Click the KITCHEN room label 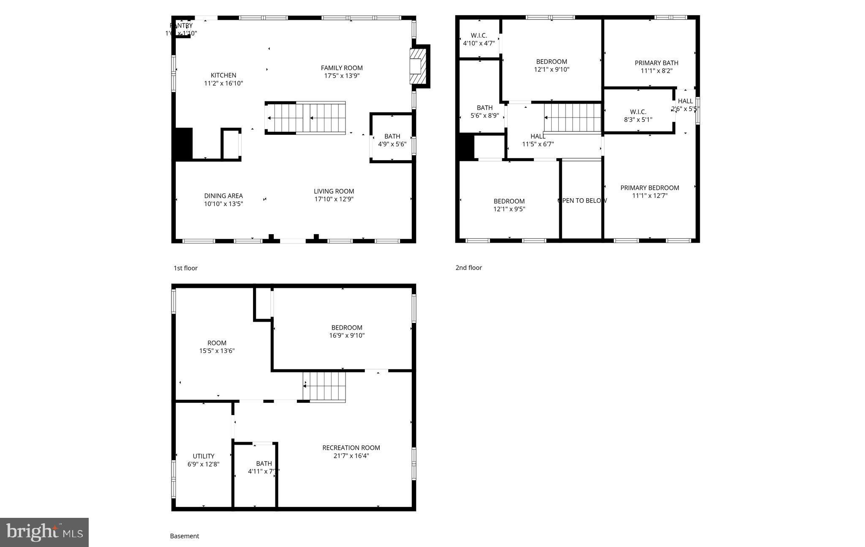223,75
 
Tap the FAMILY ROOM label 342,68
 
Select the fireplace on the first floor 418,66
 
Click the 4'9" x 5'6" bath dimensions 392,144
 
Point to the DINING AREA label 223,196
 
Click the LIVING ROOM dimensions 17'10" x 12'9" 334,199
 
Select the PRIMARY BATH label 656,63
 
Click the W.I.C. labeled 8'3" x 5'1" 638,115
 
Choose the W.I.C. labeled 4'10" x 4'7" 479,39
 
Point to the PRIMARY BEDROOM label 650,188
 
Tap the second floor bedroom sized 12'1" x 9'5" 509,205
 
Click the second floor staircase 572,118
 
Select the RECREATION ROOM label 351,448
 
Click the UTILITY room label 204,456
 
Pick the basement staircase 324,386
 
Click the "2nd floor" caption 468,268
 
